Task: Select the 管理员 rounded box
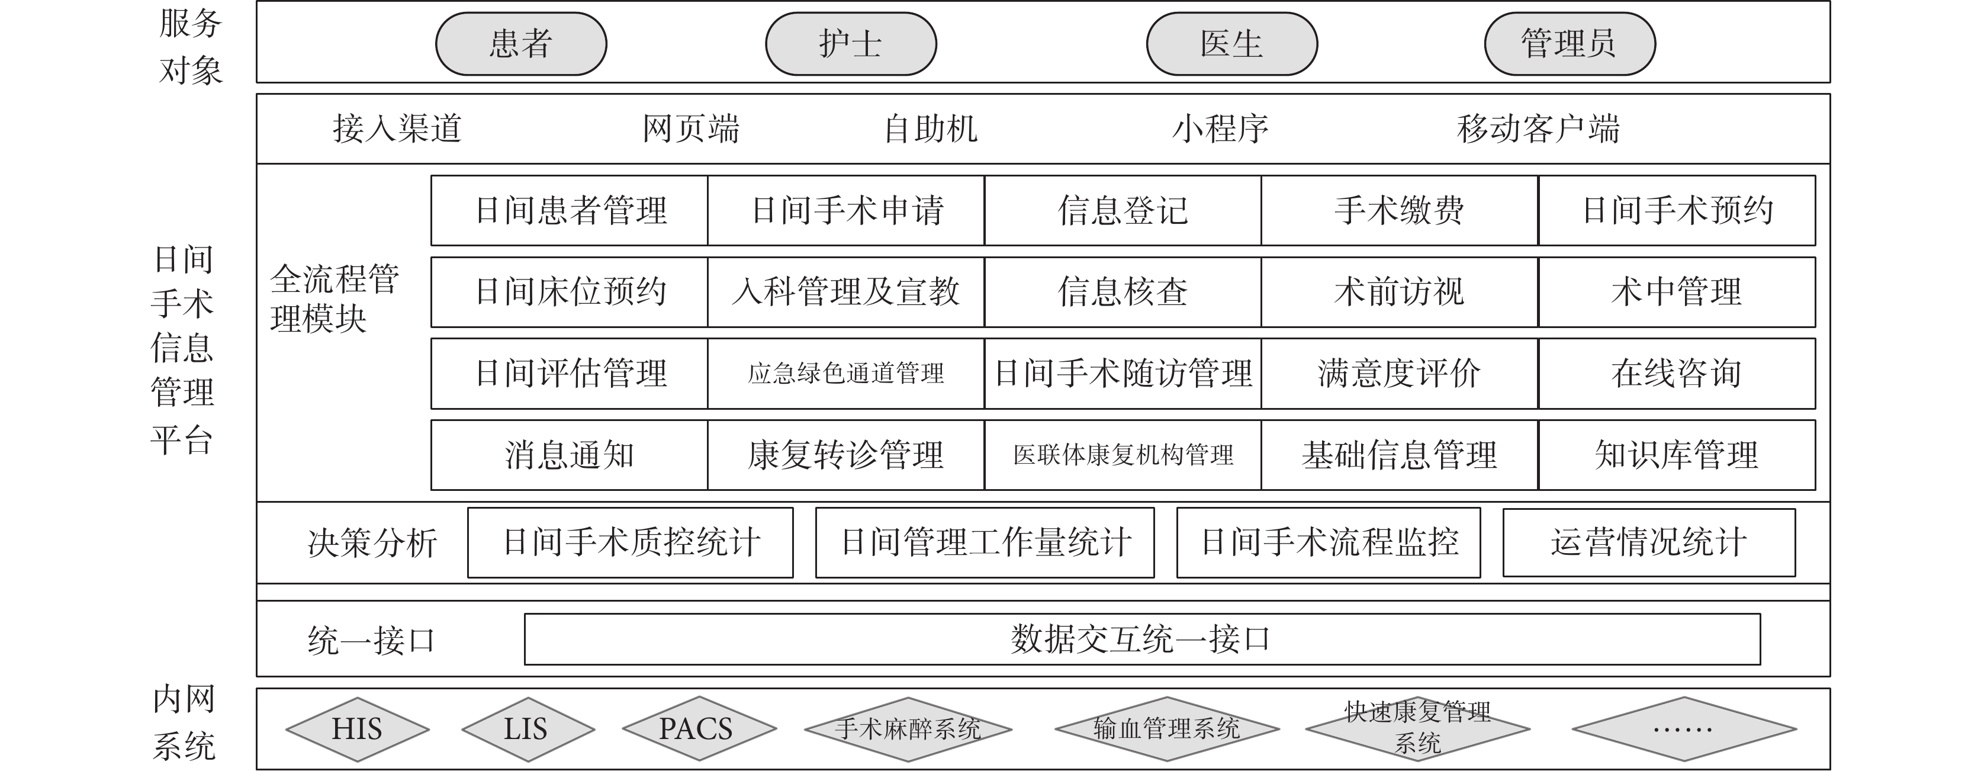tap(1569, 44)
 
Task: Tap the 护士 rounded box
tap(851, 44)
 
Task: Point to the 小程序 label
tap(1220, 128)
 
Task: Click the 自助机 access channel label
tap(931, 128)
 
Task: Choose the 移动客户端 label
tap(1538, 128)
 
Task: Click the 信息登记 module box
tap(1123, 210)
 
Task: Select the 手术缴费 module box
tap(1400, 210)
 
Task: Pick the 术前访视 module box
tap(1400, 291)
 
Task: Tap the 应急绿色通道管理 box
tap(846, 373)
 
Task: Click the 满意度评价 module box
tap(1400, 373)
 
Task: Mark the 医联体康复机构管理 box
tap(1123, 455)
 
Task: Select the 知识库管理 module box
tap(1677, 455)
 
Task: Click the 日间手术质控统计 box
tap(631, 542)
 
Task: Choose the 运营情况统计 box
tap(1649, 542)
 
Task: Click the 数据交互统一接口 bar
tap(1142, 639)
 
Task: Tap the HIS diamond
tap(357, 729)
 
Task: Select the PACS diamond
tap(699, 729)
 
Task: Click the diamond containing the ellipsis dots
tap(1684, 729)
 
